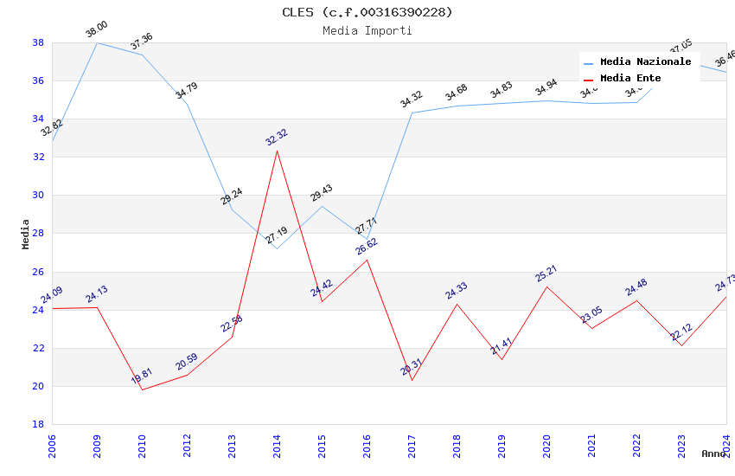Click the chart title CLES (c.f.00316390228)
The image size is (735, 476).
click(x=367, y=12)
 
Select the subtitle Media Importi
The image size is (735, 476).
click(x=367, y=31)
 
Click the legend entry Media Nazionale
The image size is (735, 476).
click(x=645, y=62)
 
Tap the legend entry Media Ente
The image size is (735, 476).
click(x=630, y=79)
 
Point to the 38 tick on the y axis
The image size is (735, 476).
click(x=38, y=42)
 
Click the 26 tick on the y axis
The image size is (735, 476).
click(x=38, y=272)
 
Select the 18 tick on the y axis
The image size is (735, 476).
click(x=38, y=424)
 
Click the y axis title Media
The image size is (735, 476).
click(x=26, y=234)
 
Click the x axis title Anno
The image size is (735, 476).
click(x=713, y=453)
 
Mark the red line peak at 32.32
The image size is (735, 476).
click(x=277, y=151)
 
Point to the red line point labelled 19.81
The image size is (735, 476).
click(x=142, y=389)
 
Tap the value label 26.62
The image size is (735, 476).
click(x=367, y=247)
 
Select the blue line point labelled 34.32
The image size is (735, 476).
click(x=412, y=113)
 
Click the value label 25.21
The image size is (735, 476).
click(x=546, y=273)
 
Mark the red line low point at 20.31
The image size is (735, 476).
click(x=412, y=380)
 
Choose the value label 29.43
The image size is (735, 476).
click(x=322, y=193)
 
